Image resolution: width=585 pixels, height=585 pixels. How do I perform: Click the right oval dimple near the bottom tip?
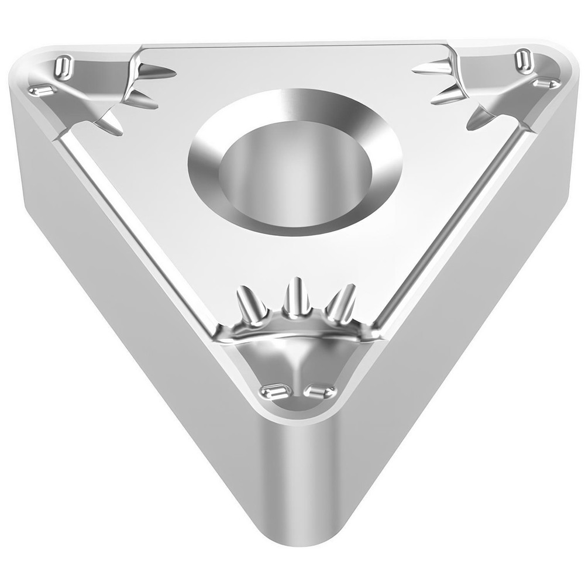(321, 391)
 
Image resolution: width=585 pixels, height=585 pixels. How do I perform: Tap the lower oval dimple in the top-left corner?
(42, 90)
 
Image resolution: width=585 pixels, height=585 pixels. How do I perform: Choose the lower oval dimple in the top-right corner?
(545, 84)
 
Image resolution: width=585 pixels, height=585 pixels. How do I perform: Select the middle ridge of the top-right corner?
(448, 95)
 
